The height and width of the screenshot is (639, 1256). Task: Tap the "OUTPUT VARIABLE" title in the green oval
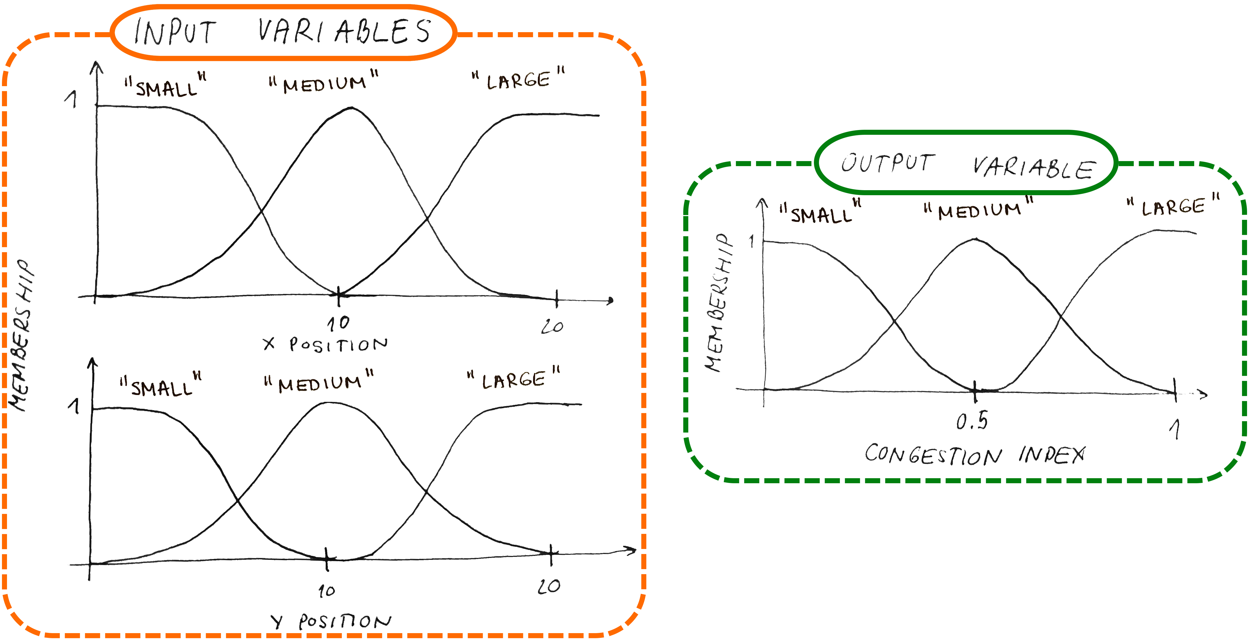tap(968, 165)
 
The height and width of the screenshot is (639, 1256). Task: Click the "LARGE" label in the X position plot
tap(518, 78)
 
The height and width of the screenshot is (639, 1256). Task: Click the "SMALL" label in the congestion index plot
tap(821, 211)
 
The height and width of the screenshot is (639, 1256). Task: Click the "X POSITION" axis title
tap(325, 344)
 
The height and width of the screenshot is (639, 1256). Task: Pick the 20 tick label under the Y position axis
tap(549, 586)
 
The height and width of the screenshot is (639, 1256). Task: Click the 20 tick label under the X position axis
tap(552, 326)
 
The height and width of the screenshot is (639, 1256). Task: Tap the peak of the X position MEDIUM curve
tap(351, 108)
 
